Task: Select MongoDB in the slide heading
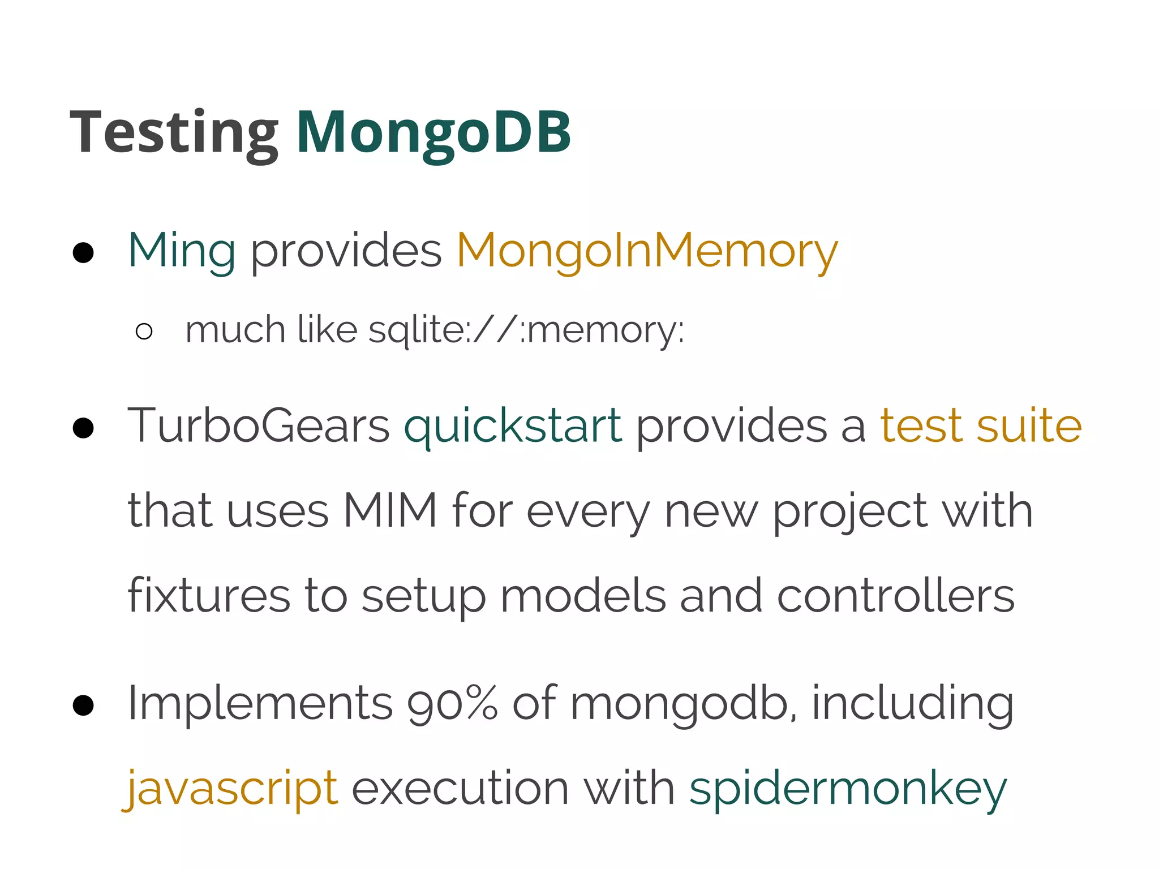[433, 133]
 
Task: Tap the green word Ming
[182, 251]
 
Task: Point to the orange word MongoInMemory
[647, 251]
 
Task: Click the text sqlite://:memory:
[526, 330]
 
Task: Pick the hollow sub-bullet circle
[144, 332]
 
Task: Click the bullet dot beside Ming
[83, 253]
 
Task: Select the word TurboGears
[259, 425]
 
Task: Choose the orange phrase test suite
[981, 425]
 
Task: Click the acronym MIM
[390, 511]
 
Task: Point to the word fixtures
[209, 596]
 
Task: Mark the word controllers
[896, 596]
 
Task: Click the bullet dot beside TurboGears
[83, 428]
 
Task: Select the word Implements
[260, 703]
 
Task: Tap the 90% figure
[453, 703]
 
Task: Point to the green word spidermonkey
[848, 788]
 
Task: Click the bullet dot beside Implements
[83, 705]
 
